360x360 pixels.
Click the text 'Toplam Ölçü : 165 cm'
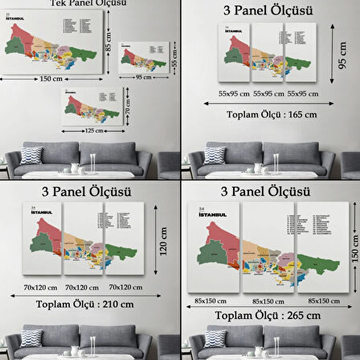(x=268, y=113)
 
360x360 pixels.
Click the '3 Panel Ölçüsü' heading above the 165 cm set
(x=268, y=13)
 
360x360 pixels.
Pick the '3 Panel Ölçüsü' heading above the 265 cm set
(x=268, y=193)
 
